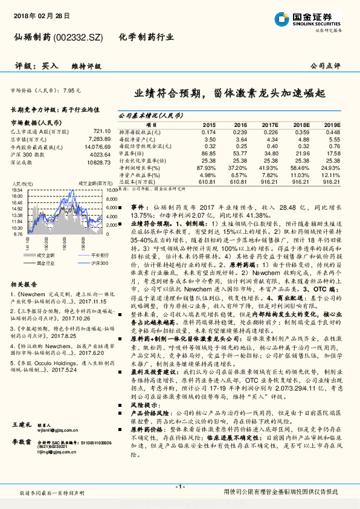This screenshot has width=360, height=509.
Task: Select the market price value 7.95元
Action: coord(71,89)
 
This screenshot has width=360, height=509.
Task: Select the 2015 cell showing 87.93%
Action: coord(207,167)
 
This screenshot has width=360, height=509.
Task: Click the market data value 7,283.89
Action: coord(98,138)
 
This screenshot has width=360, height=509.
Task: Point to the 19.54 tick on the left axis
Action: coord(17,190)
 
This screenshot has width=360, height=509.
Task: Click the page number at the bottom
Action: coord(179,486)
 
